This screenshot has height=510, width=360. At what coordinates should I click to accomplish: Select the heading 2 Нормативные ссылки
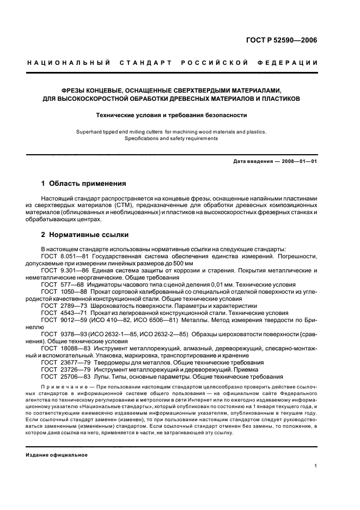click(85, 235)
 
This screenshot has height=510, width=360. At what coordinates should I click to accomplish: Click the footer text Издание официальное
click(57, 455)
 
